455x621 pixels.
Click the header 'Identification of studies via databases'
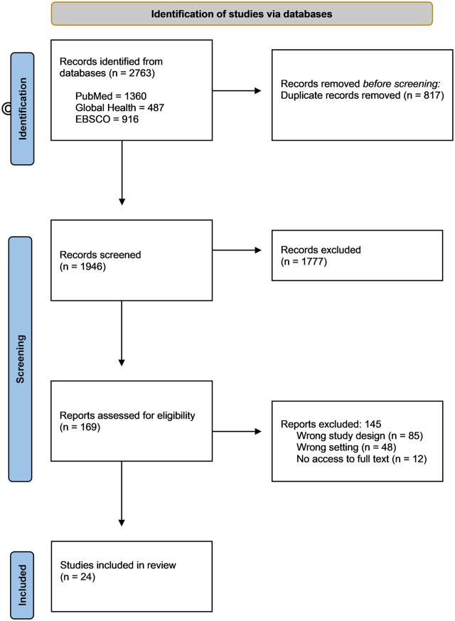pos(242,14)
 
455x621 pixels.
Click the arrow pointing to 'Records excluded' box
pos(238,250)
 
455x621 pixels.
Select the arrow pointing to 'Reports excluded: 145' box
pos(238,430)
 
